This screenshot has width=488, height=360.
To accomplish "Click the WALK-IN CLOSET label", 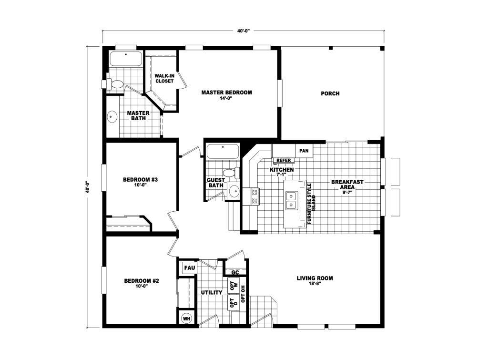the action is coord(164,78).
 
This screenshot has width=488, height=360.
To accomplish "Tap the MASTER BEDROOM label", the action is coord(226,93).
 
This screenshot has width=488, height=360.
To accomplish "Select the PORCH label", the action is coord(330,93).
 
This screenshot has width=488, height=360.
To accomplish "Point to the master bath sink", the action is coord(112,117).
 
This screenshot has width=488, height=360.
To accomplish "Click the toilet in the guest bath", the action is coord(232,173).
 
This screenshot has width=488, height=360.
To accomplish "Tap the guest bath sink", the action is coord(234,191).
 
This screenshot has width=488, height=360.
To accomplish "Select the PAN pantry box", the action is coord(304,151).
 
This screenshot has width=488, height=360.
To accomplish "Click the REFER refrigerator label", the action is coord(284,160).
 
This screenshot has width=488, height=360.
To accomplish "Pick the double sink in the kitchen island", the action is coord(291,200).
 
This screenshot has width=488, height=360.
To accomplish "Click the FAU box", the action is coord(190,268).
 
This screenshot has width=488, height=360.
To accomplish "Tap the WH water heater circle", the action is coord(186,319).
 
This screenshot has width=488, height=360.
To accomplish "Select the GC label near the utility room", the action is coord(235,273).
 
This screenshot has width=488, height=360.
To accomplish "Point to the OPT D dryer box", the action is coord(234,303).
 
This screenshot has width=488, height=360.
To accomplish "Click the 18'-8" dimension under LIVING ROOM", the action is coord(315,284).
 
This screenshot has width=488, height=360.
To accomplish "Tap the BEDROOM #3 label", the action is coord(141,180).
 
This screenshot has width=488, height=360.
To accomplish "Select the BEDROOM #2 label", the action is coord(142,281).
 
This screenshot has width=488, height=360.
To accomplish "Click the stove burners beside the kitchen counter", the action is coord(255,196).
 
